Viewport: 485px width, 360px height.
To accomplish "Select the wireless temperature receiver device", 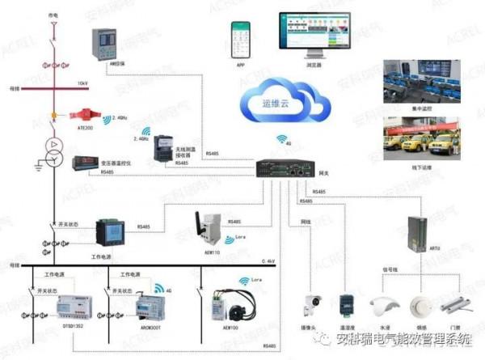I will point(165,150).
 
